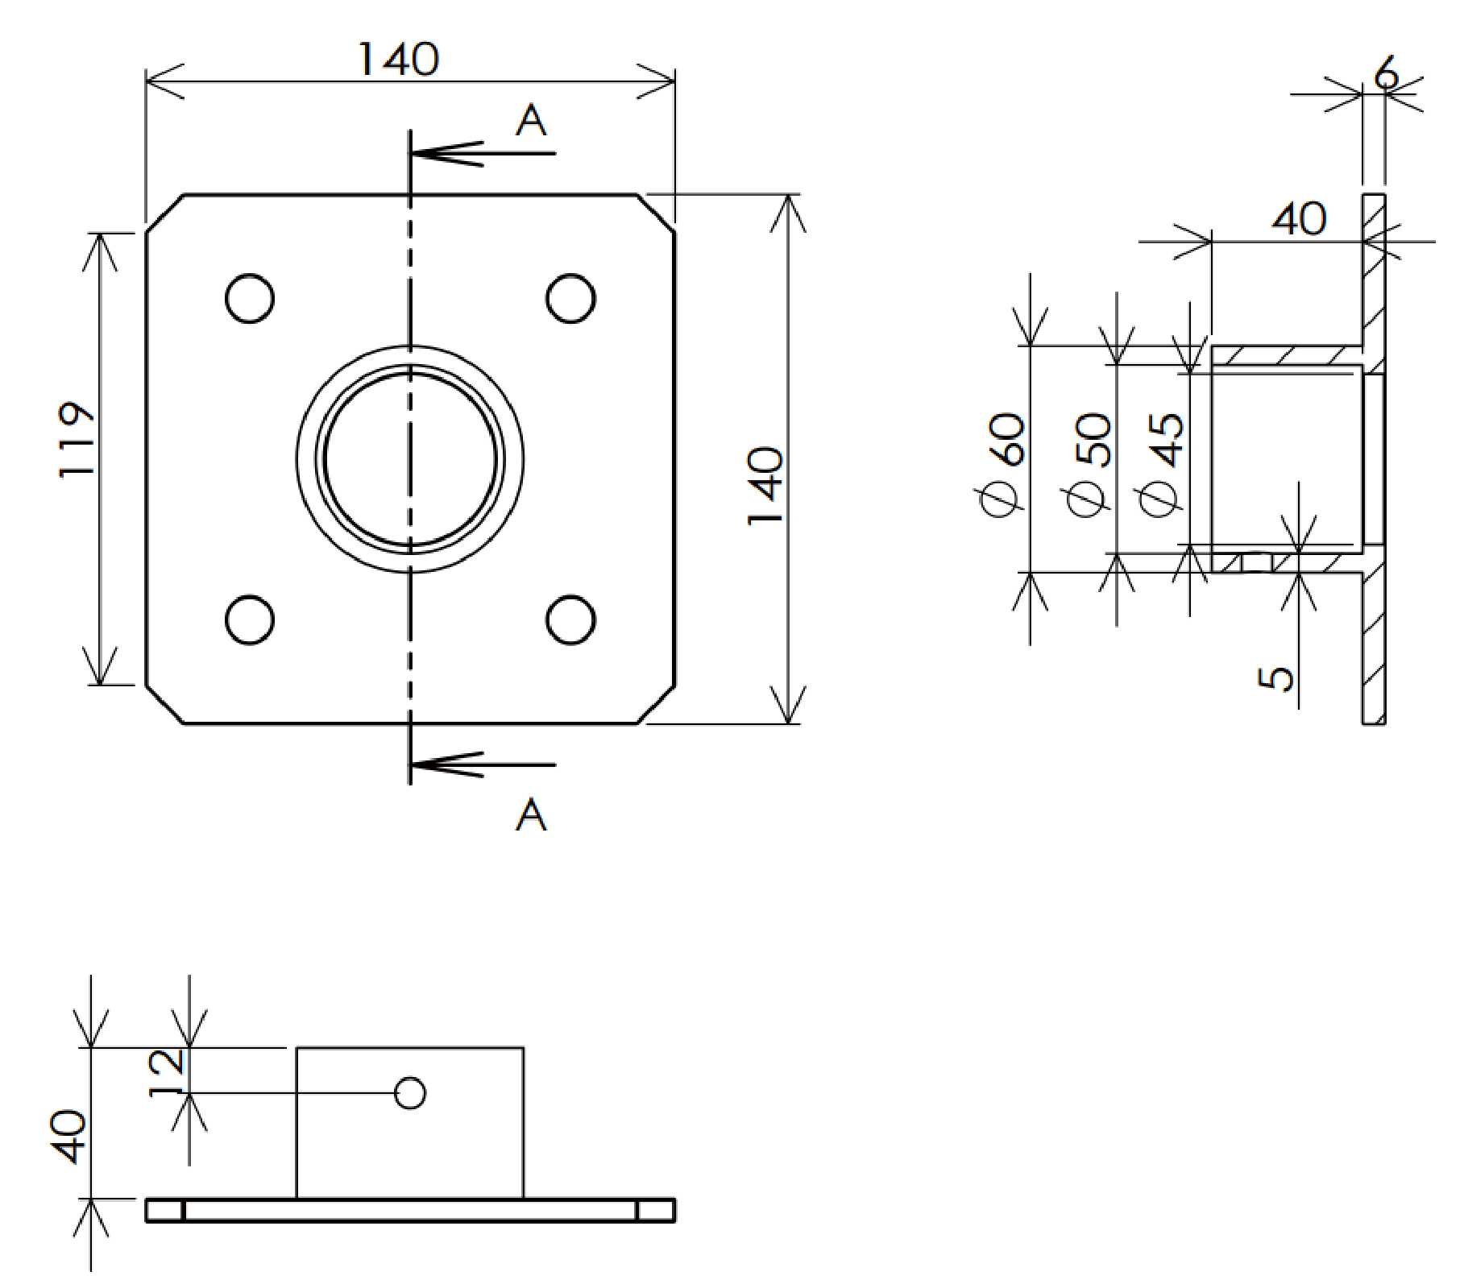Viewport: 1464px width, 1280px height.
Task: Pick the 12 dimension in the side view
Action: click(170, 1071)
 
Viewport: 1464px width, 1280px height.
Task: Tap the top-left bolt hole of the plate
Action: click(250, 299)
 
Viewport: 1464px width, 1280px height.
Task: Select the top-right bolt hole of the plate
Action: click(570, 299)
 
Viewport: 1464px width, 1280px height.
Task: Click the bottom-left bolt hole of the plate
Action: click(250, 620)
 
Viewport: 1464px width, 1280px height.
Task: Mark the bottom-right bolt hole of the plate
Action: click(570, 620)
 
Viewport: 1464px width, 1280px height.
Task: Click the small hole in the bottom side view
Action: click(410, 1093)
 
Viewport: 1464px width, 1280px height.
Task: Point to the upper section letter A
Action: click(531, 122)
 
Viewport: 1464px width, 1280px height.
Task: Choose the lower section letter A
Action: click(531, 815)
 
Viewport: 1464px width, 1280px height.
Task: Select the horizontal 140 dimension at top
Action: click(398, 60)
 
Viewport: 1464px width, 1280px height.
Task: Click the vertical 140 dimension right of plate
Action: click(765, 485)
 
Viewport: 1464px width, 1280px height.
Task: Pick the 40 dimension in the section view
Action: click(1298, 219)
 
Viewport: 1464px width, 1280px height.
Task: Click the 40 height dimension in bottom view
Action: click(72, 1137)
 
